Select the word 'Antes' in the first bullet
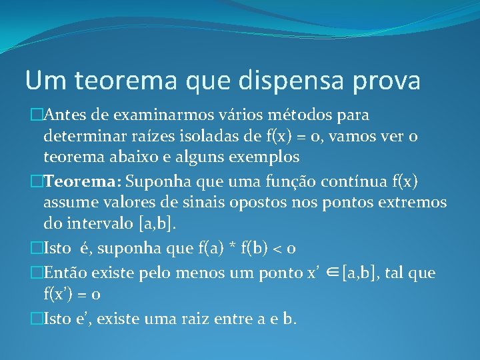tap(65, 115)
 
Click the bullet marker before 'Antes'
tap(37, 115)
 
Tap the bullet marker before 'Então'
tap(37, 272)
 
